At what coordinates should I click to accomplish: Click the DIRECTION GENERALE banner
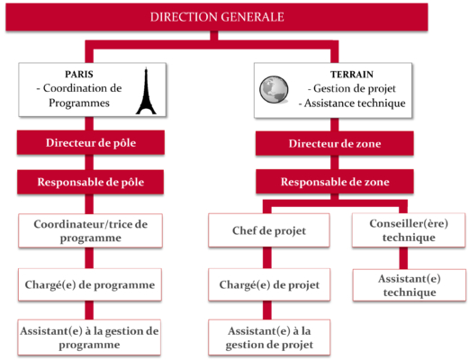217,17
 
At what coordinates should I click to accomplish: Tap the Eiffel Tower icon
146,91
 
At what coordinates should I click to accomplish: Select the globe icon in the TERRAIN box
274,89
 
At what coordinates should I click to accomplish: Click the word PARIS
79,74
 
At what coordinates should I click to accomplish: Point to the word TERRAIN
352,75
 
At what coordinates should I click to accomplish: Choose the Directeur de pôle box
91,142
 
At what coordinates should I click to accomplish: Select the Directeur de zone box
335,143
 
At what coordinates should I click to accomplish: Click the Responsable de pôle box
90,182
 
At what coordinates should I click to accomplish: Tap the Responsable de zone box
335,182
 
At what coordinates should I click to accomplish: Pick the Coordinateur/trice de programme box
90,230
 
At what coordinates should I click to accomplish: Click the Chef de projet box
269,230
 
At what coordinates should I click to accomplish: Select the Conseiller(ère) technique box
409,230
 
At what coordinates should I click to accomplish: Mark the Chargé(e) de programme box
90,284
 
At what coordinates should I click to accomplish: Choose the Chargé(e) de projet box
269,284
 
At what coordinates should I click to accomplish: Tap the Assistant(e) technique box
410,285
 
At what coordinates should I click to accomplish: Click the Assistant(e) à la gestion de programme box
89,337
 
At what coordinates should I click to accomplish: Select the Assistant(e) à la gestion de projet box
269,337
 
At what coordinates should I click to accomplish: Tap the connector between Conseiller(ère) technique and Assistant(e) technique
403,258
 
